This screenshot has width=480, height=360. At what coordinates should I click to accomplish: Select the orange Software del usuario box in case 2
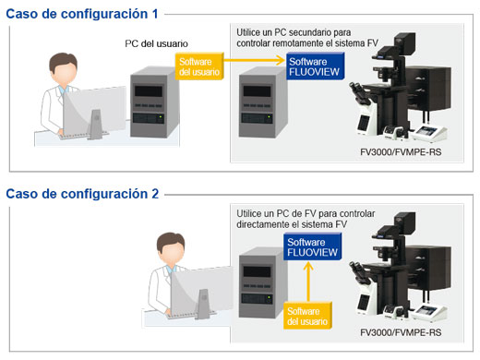pyautogui.click(x=306, y=316)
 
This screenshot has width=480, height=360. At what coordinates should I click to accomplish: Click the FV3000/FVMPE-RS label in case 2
pyautogui.click(x=401, y=330)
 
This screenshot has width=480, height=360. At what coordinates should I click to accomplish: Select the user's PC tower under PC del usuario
pyautogui.click(x=152, y=97)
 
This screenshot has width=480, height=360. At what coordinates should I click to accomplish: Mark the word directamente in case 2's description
pyautogui.click(x=270, y=224)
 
